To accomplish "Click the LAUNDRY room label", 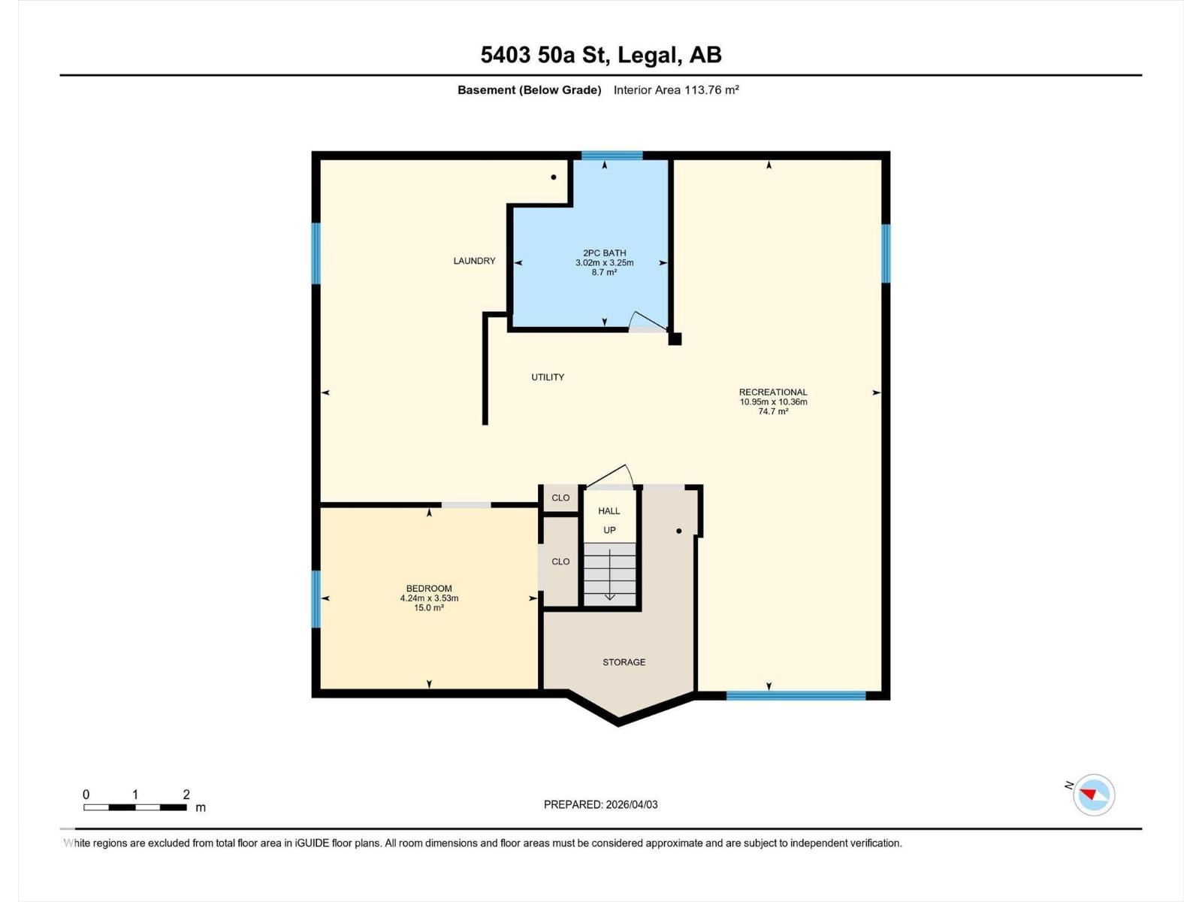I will [474, 261].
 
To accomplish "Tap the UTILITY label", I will [548, 377].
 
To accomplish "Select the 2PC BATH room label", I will [604, 253].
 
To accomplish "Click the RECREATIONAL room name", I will [773, 392].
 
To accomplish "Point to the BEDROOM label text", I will [429, 589].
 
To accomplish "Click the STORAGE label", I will [624, 662].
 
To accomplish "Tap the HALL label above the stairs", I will [609, 511].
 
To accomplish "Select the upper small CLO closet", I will [560, 498].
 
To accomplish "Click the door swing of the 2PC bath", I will [646, 321].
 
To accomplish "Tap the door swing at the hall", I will [612, 477].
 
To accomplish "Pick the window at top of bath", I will [612, 156].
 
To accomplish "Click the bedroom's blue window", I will [316, 599].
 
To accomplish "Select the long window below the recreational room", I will [796, 696].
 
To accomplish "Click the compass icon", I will [1094, 795].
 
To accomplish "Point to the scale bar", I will [135, 807].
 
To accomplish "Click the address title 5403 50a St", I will [601, 55].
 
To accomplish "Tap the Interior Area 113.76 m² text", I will [676, 90].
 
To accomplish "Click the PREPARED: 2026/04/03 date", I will [600, 804].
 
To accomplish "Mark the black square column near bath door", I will [675, 339].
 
